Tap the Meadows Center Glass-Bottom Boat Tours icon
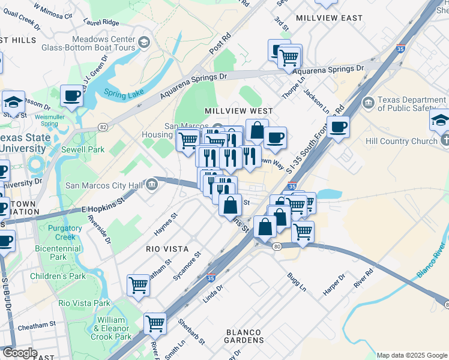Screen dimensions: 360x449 click(x=143, y=42)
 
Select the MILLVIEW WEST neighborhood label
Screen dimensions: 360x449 click(x=238, y=111)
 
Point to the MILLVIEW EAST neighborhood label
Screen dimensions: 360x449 click(x=330, y=19)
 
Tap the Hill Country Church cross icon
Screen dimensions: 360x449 click(x=444, y=140)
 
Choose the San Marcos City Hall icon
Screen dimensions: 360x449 click(x=151, y=185)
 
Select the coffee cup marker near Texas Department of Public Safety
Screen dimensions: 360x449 click(x=338, y=127)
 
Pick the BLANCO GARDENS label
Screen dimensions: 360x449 click(x=243, y=337)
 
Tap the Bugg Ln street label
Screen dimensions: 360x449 click(x=297, y=281)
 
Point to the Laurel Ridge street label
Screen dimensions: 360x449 click(x=103, y=22)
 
